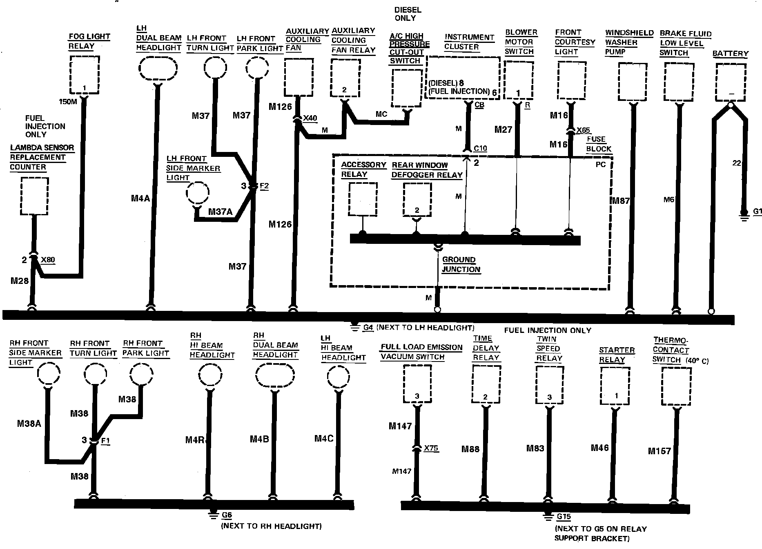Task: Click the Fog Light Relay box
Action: tap(85, 75)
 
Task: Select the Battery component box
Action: tap(731, 83)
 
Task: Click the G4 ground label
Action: tap(368, 328)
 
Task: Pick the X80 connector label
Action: tap(48, 260)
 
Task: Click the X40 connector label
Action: tap(310, 118)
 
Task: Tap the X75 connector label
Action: tap(431, 448)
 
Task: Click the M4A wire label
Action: tap(140, 199)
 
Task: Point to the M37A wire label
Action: tap(220, 212)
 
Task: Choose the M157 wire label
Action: tap(660, 451)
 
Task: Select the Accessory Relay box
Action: tap(363, 199)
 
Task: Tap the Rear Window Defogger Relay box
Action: tap(417, 200)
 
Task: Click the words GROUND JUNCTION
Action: tap(461, 265)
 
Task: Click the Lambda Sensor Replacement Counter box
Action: tap(34, 196)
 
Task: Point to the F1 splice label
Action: tap(105, 441)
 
